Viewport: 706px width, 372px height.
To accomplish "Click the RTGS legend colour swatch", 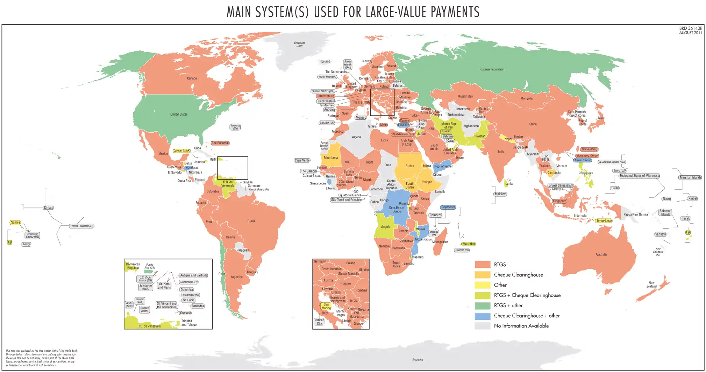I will pos(482,265).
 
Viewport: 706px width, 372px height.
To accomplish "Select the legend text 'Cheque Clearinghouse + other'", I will pos(527,316).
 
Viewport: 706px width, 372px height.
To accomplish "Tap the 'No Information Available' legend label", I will pos(521,326).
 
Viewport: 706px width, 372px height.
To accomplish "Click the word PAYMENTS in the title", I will pos(455,12).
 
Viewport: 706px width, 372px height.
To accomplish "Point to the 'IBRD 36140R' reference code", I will pos(690,28).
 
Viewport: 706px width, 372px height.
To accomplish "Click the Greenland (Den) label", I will pos(299,44).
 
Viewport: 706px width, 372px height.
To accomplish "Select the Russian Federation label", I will pos(492,69).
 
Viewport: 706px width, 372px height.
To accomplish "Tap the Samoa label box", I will pos(15,223).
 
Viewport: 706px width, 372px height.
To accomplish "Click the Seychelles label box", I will pos(448,207).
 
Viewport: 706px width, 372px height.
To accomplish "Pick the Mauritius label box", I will pos(468,244).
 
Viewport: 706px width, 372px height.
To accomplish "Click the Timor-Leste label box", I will pos(604,221).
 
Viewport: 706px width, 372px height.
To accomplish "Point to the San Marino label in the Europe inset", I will pos(326,306).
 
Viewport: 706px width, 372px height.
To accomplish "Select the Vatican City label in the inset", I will pos(319,322).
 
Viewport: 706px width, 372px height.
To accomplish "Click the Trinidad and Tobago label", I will pos(189,323).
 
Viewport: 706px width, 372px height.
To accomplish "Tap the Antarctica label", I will pos(418,359).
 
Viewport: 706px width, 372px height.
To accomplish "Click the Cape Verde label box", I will pos(302,160).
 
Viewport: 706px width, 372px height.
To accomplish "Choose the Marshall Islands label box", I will pos(690,177).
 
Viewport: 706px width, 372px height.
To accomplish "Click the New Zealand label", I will pos(651,285).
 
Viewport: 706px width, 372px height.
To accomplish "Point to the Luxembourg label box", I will pos(326,96).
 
